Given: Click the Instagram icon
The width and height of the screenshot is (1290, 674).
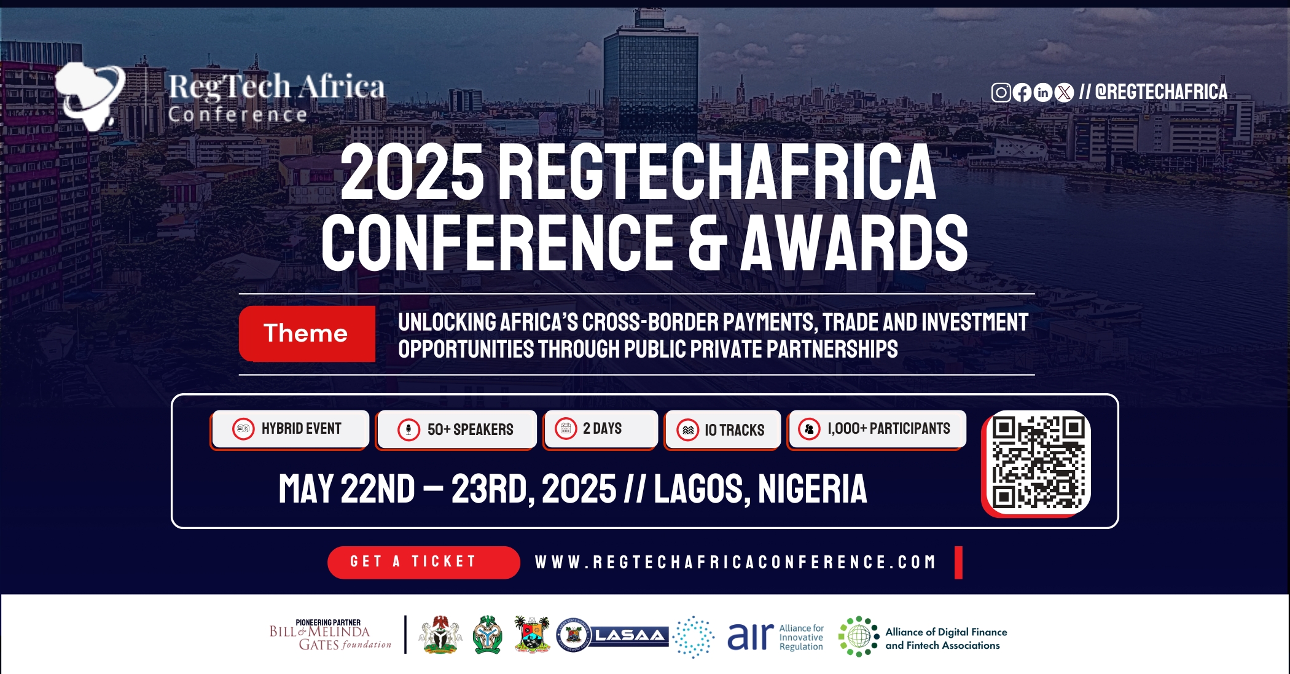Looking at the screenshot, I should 1001,93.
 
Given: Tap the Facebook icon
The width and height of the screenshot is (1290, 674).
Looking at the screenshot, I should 1022,93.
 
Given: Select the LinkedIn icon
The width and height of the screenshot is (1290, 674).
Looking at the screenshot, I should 1043,93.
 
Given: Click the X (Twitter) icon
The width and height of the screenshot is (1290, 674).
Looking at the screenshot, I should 1064,93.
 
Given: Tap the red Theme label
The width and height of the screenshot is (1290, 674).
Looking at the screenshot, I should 307,334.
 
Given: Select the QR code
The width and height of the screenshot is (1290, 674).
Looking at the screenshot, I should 1038,462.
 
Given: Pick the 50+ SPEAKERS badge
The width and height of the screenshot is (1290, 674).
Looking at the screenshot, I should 456,429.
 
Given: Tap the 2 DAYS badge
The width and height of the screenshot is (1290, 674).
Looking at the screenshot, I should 600,429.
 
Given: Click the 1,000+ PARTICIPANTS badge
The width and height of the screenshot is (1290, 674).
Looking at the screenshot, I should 877,429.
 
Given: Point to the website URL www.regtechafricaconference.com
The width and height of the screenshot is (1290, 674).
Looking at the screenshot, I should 735,562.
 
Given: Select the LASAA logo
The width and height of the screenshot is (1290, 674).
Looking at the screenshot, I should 629,635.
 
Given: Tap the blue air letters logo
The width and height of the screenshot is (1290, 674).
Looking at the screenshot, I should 750,637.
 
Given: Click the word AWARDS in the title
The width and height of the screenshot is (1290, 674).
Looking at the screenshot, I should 854,243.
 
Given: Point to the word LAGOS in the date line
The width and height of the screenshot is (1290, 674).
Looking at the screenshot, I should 698,490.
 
